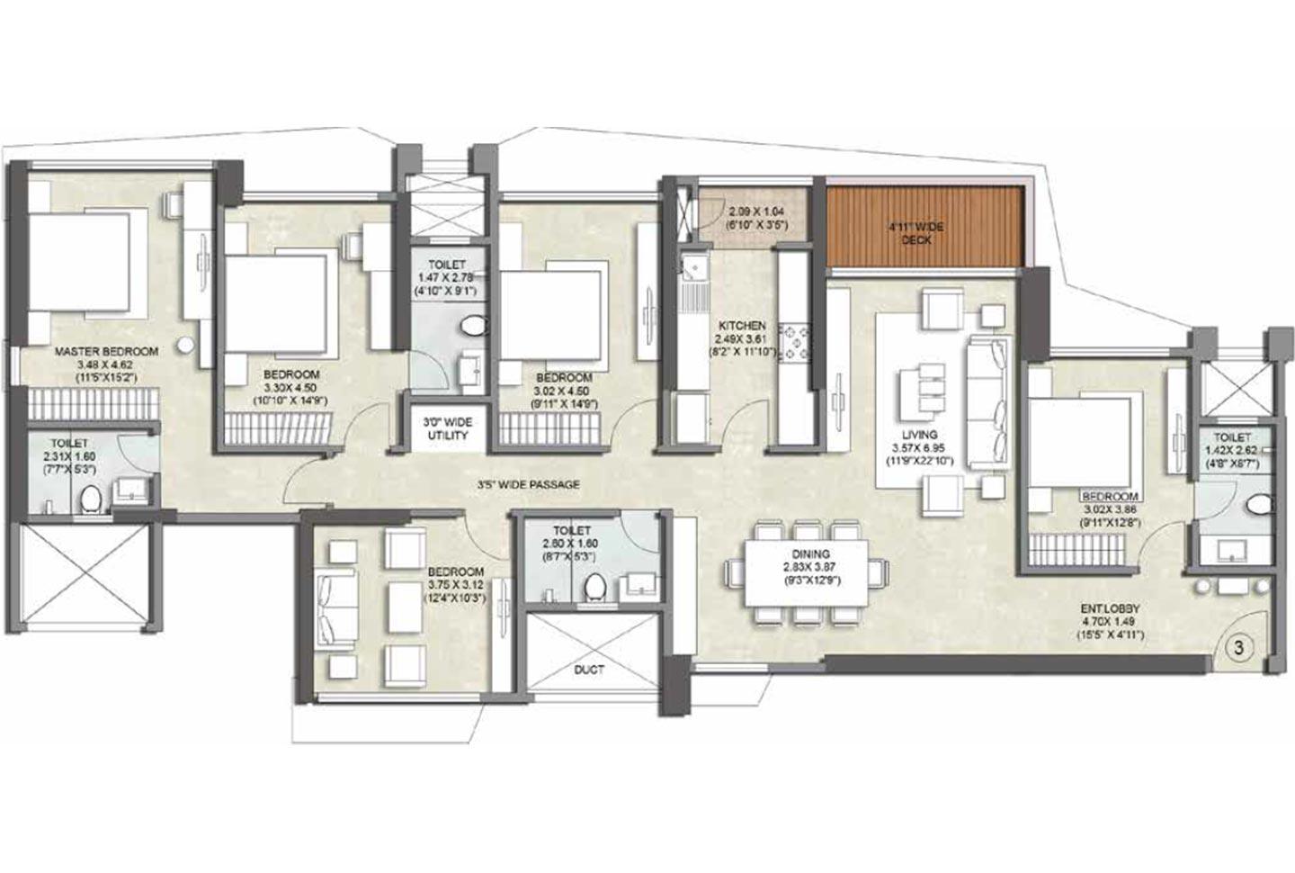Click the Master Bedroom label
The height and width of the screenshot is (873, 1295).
(105, 351)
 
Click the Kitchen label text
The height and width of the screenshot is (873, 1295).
(741, 325)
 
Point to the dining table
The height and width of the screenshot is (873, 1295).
(805, 571)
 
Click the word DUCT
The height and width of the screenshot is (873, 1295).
(589, 670)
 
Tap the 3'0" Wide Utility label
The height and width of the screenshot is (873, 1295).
(447, 428)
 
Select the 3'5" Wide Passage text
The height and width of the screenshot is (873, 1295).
(528, 484)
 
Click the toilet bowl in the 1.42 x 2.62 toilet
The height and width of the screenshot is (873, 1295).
(1259, 507)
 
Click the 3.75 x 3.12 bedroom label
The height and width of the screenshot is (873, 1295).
(455, 571)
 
